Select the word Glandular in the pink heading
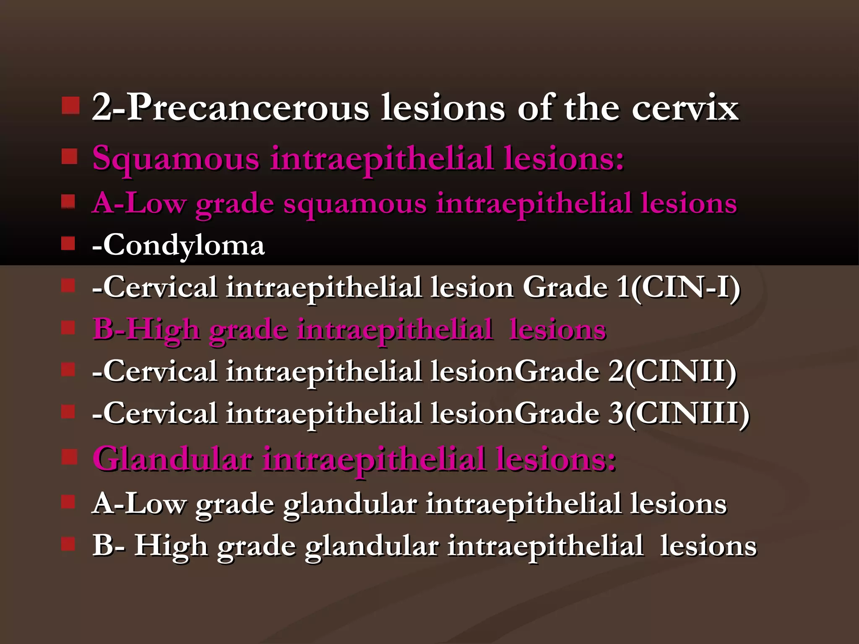point(172,460)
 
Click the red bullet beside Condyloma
point(68,243)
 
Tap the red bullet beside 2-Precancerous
point(70,106)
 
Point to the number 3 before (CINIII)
point(616,414)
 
